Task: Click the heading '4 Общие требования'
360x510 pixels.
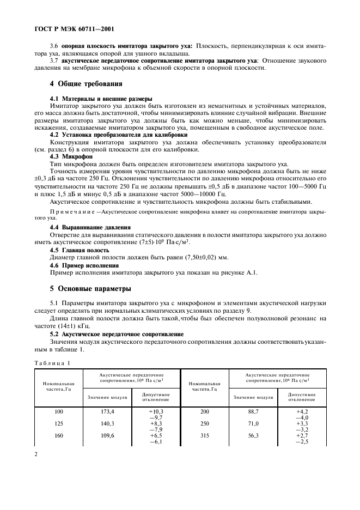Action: pos(86,84)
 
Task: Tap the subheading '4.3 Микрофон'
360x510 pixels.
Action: pos(71,155)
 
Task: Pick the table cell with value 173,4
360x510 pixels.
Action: pos(107,412)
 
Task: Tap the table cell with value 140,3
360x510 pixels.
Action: pos(107,423)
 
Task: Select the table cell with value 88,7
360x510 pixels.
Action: pos(253,412)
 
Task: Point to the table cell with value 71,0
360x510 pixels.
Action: pos(253,423)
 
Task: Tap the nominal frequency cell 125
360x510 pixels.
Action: pos(59,423)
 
